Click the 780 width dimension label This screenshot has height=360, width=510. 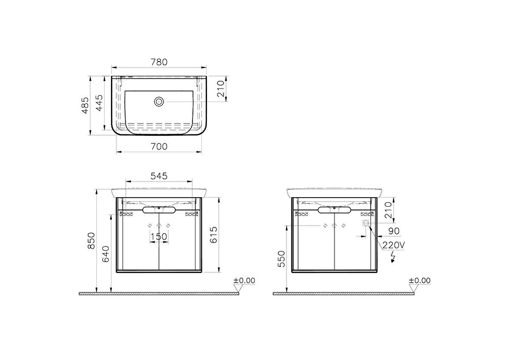pos(159,62)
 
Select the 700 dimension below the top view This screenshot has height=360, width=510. pos(159,146)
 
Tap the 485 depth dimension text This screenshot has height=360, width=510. pos(85,105)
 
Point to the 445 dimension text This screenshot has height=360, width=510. pos(99,103)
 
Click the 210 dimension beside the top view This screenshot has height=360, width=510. pos(221,89)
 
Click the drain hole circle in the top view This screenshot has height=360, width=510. pos(159,102)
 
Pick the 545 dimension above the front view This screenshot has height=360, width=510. pos(159,176)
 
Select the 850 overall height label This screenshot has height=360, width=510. pos(91,241)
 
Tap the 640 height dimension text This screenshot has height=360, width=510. pos(105,254)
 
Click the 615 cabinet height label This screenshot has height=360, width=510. pos(213,235)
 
